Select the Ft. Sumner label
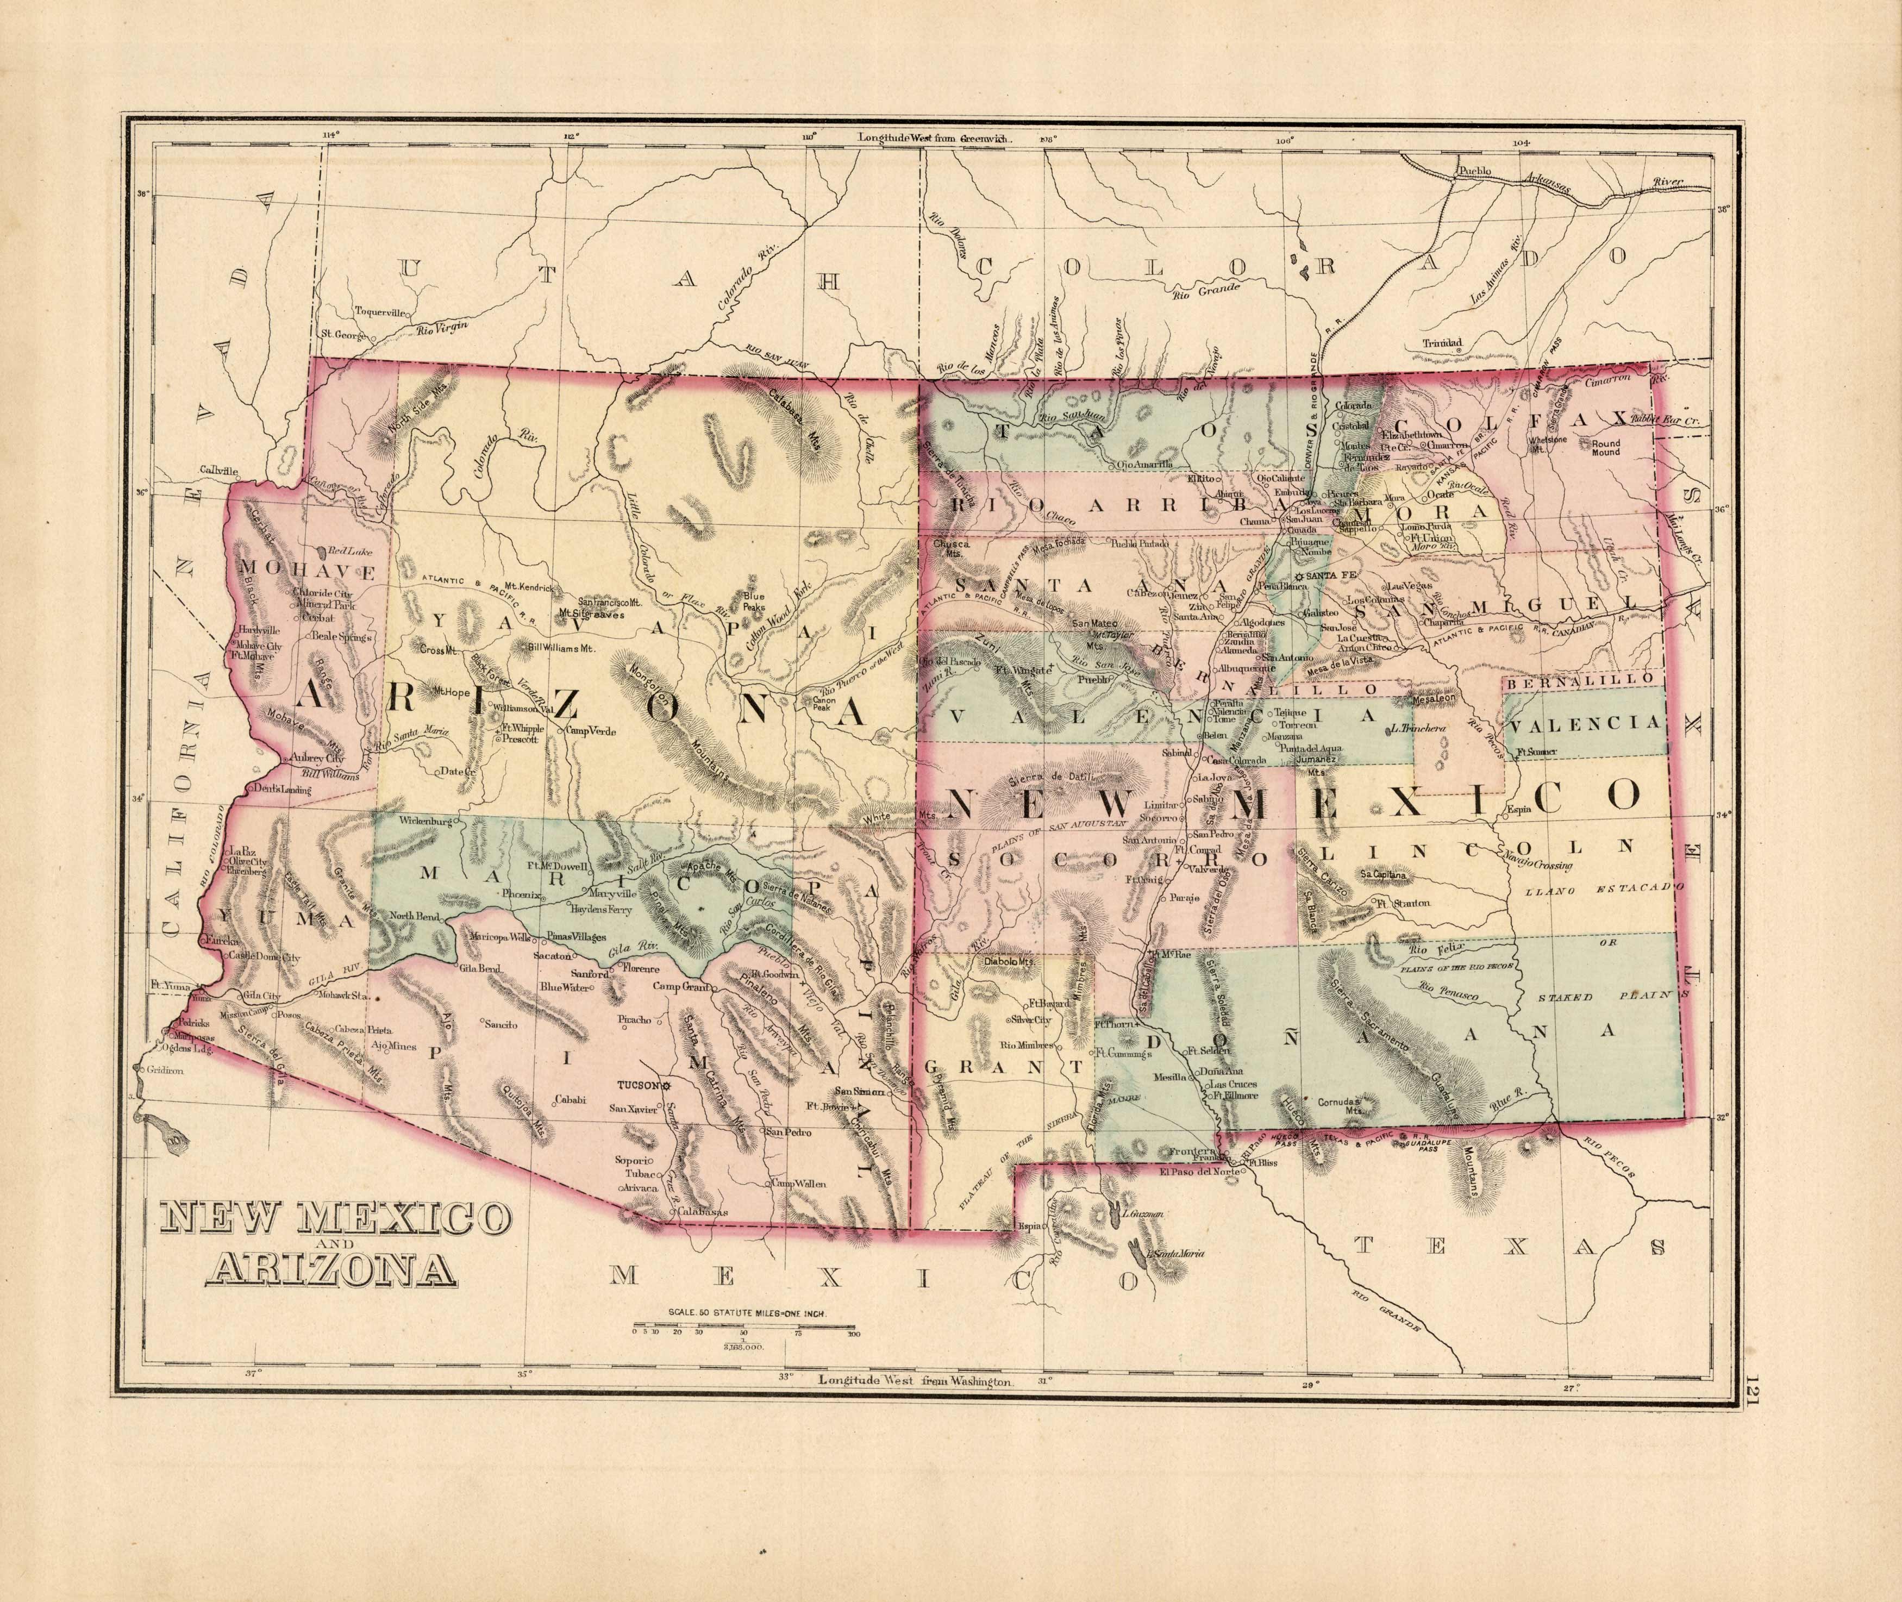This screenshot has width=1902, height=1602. [x=1535, y=752]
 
